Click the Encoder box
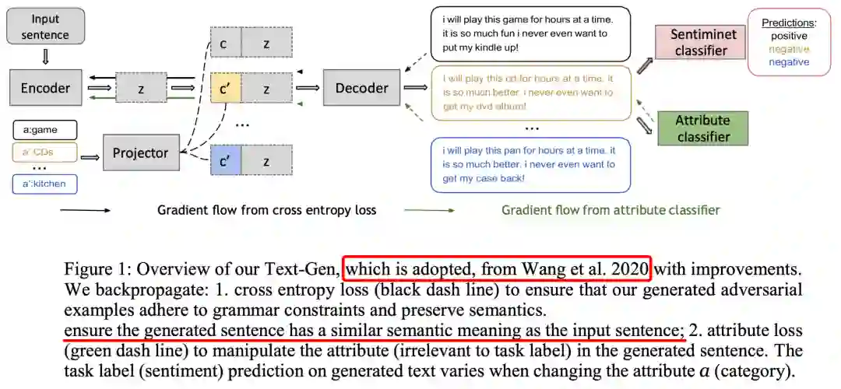(45, 88)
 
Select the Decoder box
(361, 88)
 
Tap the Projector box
(140, 152)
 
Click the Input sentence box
(44, 26)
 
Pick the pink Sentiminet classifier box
(700, 43)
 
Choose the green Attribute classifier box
(702, 128)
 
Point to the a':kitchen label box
(45, 184)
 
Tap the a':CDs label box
(45, 152)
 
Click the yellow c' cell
(226, 89)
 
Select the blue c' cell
(226, 160)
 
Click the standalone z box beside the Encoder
(141, 89)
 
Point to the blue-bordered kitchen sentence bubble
(530, 164)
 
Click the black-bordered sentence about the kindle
(530, 33)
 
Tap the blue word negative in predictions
(790, 61)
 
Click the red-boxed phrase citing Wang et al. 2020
(497, 269)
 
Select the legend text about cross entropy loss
(267, 209)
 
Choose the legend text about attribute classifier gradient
(611, 209)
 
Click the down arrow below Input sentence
(44, 56)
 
